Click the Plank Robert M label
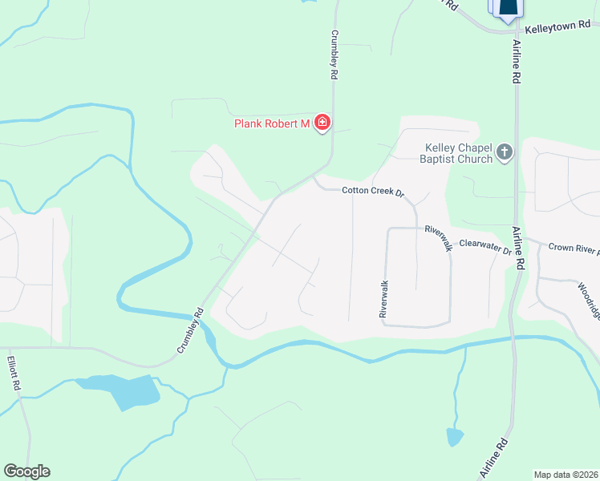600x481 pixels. [x=271, y=123]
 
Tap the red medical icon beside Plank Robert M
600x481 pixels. [x=322, y=123]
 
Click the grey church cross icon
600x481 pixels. [x=505, y=151]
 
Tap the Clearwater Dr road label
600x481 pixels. [x=484, y=248]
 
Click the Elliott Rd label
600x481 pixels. [x=14, y=374]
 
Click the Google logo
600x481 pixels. [x=26, y=471]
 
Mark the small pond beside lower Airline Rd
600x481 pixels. [x=455, y=437]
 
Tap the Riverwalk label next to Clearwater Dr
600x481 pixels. [x=439, y=237]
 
